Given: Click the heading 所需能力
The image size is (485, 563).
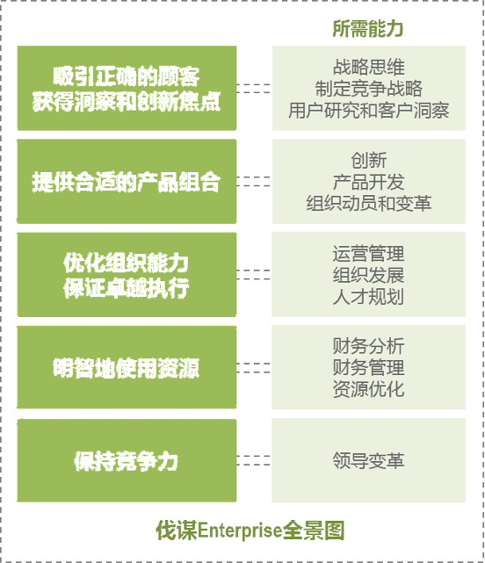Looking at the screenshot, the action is click(x=368, y=29).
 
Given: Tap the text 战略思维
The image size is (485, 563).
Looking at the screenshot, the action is click(x=369, y=67).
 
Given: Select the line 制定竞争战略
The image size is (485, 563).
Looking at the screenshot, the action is click(x=369, y=89).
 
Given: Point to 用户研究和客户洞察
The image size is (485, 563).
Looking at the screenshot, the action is click(x=369, y=111).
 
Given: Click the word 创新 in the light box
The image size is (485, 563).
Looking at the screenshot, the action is click(x=369, y=161).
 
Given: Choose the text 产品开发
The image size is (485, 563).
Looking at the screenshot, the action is click(x=369, y=182).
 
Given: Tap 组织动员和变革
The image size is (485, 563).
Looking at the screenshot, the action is click(x=369, y=204).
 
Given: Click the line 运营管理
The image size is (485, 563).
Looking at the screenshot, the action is click(x=369, y=254).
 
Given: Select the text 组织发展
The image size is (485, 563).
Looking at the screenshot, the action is click(x=369, y=275).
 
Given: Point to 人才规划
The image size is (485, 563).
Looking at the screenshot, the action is click(x=369, y=297).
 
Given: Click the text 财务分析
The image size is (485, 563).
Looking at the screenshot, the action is click(x=369, y=346).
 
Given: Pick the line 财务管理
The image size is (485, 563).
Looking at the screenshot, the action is click(x=369, y=367).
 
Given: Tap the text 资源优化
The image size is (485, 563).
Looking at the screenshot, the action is click(x=369, y=389).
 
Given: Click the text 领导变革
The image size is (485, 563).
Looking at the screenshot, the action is click(x=369, y=460).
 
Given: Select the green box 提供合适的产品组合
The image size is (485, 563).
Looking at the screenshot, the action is click(x=127, y=181).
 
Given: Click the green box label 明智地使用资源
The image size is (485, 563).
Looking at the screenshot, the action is click(x=127, y=368).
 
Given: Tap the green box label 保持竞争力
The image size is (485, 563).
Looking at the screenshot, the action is click(x=127, y=461).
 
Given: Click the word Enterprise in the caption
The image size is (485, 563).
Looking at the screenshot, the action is click(x=239, y=531).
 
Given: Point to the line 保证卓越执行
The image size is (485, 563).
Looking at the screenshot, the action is click(x=127, y=288).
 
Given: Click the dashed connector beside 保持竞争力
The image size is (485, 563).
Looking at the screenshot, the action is click(x=253, y=460).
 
